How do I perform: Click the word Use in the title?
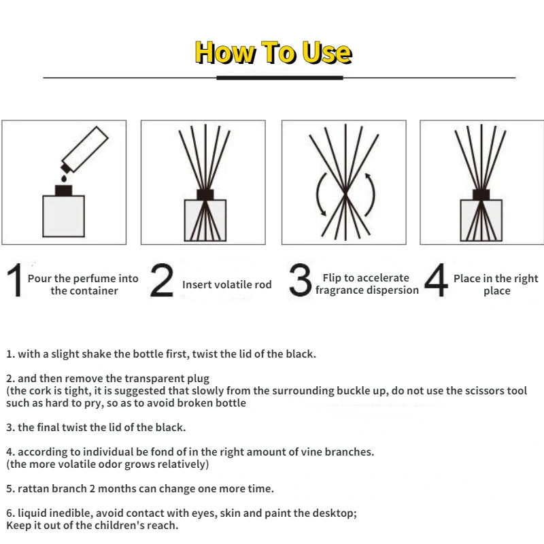tap(326, 52)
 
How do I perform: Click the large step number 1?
tap(15, 280)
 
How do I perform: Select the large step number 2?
tap(162, 280)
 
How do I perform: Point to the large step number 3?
tap(300, 280)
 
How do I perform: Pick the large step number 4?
tap(436, 279)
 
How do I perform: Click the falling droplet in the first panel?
tap(64, 178)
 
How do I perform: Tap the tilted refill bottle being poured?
tap(84, 150)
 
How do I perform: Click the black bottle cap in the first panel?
tap(63, 190)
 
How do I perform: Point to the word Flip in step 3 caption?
tap(332, 278)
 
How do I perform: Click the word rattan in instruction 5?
tap(33, 488)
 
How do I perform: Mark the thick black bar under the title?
tap(279, 78)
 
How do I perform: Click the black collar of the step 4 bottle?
tap(481, 194)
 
